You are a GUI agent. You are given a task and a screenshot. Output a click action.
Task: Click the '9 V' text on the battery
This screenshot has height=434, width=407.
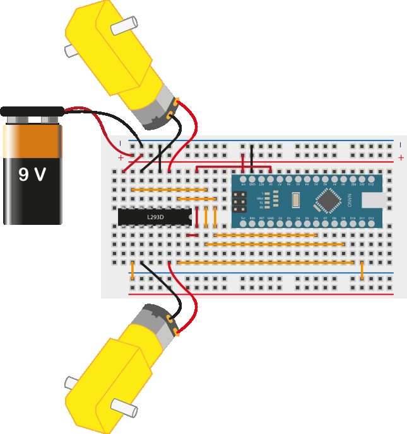coord(32,174)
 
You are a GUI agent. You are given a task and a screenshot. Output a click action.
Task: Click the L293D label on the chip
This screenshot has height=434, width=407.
coord(155,217)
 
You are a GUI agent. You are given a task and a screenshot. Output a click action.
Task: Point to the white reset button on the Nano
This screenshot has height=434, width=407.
coord(295,201)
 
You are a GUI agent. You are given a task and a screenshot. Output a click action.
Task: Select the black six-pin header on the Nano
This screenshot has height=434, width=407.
coord(240,201)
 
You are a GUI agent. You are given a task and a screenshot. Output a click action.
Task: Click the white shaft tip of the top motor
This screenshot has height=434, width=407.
coord(124,25)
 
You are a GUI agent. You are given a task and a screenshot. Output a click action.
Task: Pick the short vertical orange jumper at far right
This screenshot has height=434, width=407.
coord(362,270)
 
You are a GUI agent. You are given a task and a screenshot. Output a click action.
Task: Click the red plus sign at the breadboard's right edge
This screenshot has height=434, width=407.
coord(401,157)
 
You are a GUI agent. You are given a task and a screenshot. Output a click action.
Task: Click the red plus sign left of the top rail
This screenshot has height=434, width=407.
coord(121,157)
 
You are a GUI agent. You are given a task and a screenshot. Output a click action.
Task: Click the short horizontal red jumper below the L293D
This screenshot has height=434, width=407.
coord(192,236)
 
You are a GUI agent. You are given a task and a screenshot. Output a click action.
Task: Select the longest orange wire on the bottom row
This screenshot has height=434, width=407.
coord(265,262)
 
